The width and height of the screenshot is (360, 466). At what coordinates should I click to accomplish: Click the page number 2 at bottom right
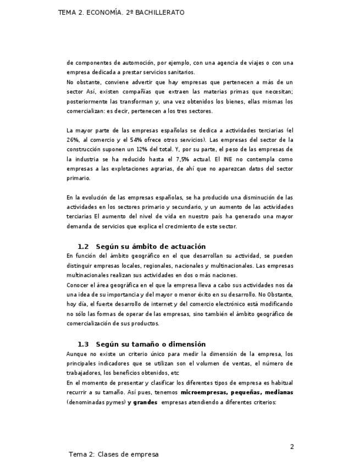[292, 447]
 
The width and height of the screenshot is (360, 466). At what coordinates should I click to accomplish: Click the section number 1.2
[83, 247]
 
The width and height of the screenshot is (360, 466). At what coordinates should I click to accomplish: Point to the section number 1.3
[83, 345]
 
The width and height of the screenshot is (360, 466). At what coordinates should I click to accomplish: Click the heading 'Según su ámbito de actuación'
[151, 247]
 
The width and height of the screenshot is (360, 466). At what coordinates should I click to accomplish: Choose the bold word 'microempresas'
[203, 392]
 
